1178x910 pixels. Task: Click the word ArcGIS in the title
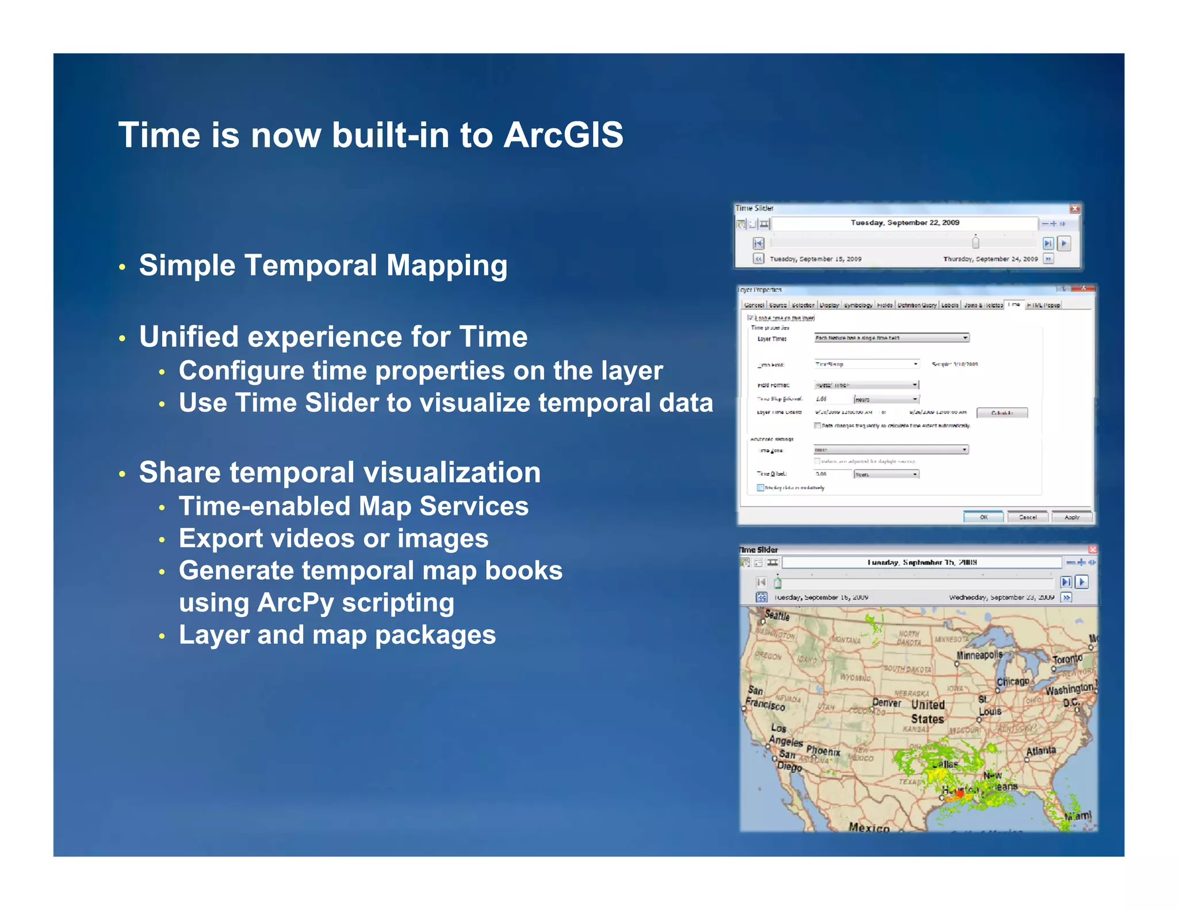pos(563,136)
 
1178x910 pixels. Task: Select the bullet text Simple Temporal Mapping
pos(323,266)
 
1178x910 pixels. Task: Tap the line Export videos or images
pos(333,539)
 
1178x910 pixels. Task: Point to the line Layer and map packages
pos(337,635)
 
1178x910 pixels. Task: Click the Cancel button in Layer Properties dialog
pos(1027,517)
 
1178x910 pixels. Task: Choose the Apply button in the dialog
pos(1072,517)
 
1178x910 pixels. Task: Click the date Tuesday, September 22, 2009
pos(905,223)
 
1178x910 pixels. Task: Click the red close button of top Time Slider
pos(1074,208)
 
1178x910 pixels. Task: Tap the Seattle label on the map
pos(777,615)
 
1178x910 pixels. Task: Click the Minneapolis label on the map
pos(979,655)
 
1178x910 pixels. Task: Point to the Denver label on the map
pos(886,702)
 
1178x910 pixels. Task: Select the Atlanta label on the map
pos(1041,751)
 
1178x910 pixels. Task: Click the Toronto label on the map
pos(1067,659)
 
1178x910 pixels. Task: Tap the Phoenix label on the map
pos(823,751)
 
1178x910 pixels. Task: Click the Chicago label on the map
pos(1013,682)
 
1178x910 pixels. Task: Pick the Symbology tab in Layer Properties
pos(858,305)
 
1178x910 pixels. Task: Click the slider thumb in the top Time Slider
pos(976,242)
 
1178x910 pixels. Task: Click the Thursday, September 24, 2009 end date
pos(990,259)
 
